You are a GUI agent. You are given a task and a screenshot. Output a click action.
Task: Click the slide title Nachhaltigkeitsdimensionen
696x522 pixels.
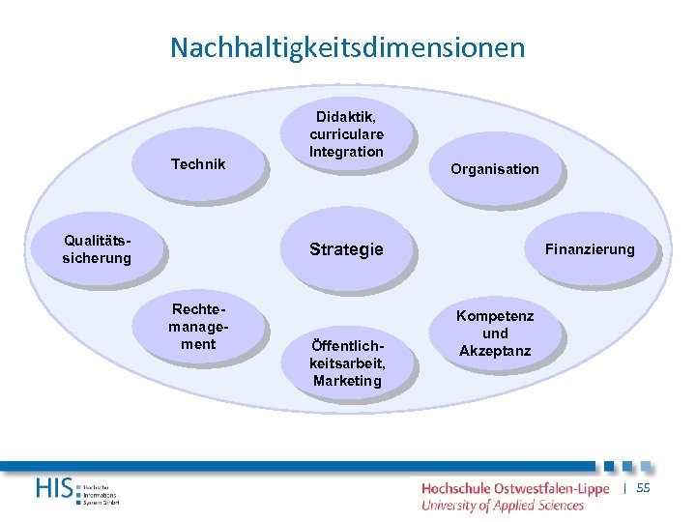pyautogui.click(x=348, y=47)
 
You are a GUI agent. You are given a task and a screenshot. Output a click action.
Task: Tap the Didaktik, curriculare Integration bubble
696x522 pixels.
pyautogui.click(x=346, y=135)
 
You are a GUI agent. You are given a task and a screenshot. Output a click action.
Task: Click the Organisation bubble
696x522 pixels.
pyautogui.click(x=494, y=169)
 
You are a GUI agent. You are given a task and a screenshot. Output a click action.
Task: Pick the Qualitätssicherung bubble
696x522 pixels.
pyautogui.click(x=97, y=249)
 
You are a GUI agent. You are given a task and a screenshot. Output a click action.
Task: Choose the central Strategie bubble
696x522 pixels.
pyautogui.click(x=346, y=249)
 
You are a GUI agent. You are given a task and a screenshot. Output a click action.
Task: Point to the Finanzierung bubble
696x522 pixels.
pyautogui.click(x=590, y=249)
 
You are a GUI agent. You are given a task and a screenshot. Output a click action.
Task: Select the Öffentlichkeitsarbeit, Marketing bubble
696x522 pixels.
pyautogui.click(x=347, y=363)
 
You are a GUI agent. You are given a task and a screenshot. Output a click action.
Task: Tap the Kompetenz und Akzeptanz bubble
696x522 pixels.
pyautogui.click(x=495, y=333)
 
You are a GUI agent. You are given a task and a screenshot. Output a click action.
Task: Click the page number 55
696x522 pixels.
pyautogui.click(x=643, y=489)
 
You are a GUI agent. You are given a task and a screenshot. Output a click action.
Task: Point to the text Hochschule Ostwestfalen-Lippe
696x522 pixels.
pyautogui.click(x=514, y=489)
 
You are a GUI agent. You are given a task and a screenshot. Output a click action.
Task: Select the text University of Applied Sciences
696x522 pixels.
pyautogui.click(x=502, y=505)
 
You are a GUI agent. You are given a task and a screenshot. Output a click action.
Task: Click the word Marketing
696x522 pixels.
pyautogui.click(x=347, y=381)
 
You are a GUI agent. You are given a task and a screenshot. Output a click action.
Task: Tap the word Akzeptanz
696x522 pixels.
pyautogui.click(x=495, y=351)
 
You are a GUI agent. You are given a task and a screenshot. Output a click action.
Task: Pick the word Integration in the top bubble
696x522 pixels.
pyautogui.click(x=346, y=152)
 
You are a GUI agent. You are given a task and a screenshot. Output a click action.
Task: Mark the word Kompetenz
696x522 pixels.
pyautogui.click(x=495, y=316)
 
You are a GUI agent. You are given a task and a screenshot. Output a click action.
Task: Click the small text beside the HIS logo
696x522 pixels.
pyautogui.click(x=101, y=492)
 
